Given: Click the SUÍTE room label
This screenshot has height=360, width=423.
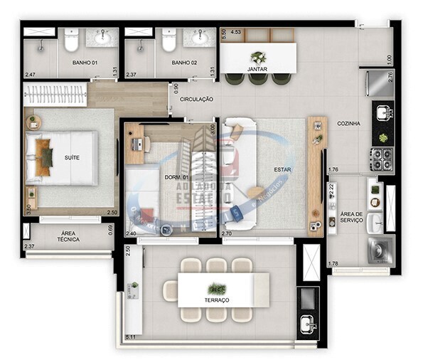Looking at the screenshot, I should tap(72, 157).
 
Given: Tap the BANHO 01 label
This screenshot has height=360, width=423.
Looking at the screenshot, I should tap(85, 63).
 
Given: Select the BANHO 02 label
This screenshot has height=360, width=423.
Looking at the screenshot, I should tap(185, 63).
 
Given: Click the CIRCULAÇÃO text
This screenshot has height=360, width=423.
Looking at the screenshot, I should tap(196, 99).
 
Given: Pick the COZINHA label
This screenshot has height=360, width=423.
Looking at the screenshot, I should tap(348, 123).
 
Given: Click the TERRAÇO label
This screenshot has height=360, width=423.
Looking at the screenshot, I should tap(217, 300).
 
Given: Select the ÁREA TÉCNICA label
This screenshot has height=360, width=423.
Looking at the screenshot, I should tap(68, 236).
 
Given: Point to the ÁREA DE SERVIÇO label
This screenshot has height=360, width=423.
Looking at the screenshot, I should tap(351, 218).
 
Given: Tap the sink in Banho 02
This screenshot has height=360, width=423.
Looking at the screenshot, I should tap(199, 37).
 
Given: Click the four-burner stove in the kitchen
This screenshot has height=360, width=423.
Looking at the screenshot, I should tap(381, 158).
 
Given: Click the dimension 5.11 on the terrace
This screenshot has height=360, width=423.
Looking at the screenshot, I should tap(131, 336).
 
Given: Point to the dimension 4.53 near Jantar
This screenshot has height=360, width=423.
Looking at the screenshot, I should tap(236, 31).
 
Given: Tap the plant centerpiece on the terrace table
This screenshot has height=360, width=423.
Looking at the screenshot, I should tap(218, 288).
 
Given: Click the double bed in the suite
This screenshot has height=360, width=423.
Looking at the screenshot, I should tap(61, 157).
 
